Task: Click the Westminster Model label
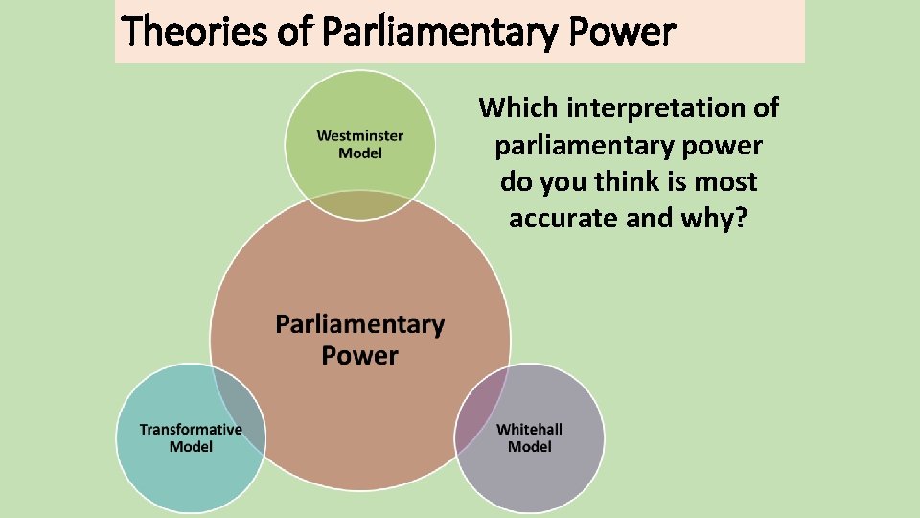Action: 360,145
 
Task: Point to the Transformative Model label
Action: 191,437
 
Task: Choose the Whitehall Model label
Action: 529,437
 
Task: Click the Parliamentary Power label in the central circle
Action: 360,340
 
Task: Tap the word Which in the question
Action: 519,107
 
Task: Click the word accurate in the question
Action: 563,218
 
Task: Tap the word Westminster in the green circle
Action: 360,136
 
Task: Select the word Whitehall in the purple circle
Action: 529,429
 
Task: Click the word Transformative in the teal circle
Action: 191,429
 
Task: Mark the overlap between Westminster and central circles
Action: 360,202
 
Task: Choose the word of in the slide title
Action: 297,33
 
